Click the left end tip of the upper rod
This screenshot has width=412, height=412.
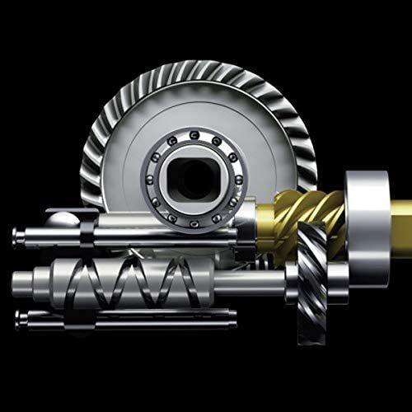click(x=15, y=236)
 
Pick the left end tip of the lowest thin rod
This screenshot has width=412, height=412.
click(x=19, y=316)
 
